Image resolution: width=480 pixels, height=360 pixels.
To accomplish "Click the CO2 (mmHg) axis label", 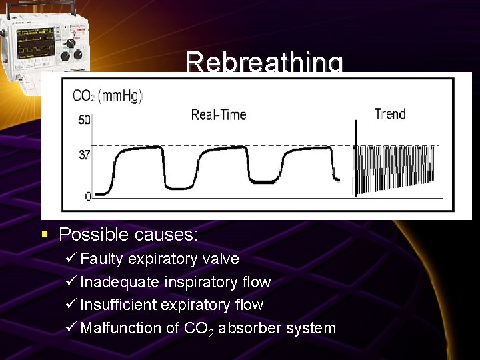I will point(107,95).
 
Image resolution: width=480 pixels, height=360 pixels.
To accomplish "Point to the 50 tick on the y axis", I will point(84,120).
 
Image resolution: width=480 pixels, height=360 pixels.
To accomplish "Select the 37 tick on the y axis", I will point(84,154).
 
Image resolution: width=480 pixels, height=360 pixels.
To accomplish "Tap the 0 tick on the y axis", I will point(87,196).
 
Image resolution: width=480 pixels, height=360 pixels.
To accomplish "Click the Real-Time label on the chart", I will point(219,115).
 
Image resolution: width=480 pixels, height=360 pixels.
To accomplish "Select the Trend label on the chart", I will point(390,113).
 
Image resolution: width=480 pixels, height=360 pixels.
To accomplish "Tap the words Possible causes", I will point(129,235).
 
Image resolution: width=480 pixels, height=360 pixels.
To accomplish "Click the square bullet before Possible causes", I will point(44,235).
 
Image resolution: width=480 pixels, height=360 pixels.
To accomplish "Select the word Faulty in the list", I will point(102,259).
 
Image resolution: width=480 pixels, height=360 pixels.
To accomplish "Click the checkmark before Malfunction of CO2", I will point(72,328).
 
